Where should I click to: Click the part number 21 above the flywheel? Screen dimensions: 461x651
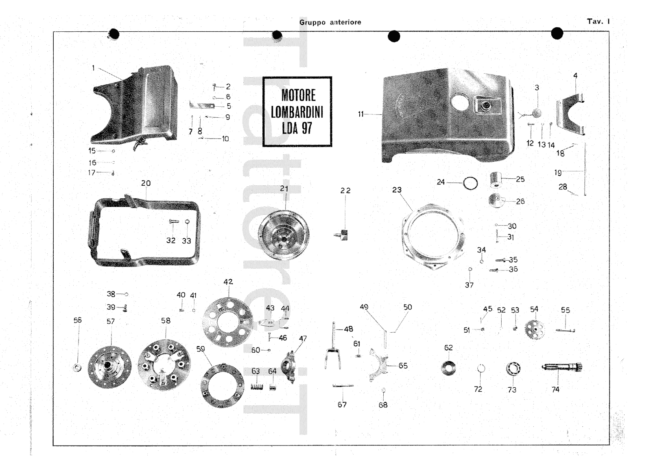click(x=284, y=189)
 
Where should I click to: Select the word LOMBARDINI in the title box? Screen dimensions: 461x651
click(x=297, y=112)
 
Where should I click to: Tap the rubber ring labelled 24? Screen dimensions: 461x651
click(x=470, y=183)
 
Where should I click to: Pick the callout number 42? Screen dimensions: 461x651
click(x=228, y=281)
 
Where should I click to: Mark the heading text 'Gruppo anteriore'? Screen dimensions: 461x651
click(x=330, y=22)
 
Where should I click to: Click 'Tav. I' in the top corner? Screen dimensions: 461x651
click(x=598, y=22)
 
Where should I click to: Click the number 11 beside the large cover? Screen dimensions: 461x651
click(x=360, y=114)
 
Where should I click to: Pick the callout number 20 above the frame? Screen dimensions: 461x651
click(x=146, y=183)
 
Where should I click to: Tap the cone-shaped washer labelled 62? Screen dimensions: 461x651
click(x=448, y=367)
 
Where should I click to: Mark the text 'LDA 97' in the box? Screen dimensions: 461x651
click(x=297, y=129)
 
